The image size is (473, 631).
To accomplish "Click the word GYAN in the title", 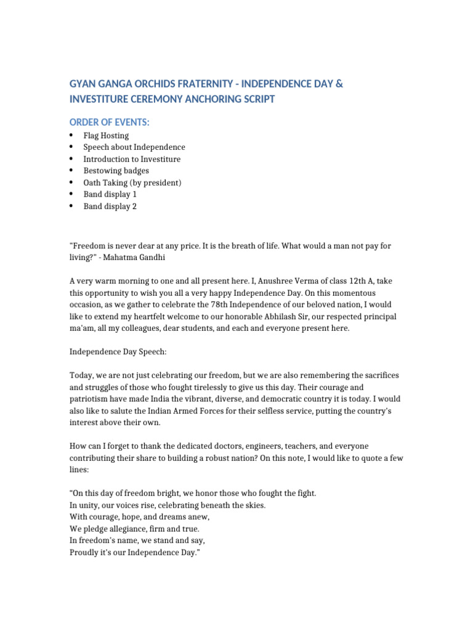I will pyautogui.click(x=83, y=84).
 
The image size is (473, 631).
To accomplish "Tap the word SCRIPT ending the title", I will pyautogui.click(x=258, y=99).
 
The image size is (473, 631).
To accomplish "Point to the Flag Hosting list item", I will pyautogui.click(x=106, y=136).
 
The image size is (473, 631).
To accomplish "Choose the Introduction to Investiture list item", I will pyautogui.click(x=132, y=159).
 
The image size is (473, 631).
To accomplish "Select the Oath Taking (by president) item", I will pyautogui.click(x=132, y=182).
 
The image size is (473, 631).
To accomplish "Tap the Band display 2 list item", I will pyautogui.click(x=110, y=206).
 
